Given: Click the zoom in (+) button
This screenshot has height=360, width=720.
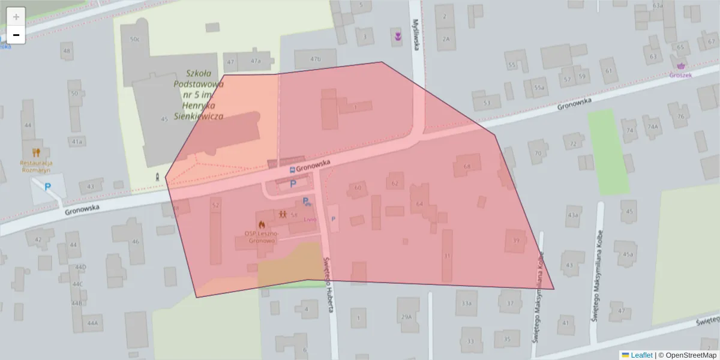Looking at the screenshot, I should (16, 17).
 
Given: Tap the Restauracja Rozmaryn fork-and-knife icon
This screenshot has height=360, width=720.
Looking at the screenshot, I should (36, 152).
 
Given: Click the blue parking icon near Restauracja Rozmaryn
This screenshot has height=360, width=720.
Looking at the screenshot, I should (47, 187).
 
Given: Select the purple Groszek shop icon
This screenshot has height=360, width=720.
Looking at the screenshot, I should (680, 66).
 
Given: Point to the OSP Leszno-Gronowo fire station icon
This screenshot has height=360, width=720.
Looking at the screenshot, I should (262, 224).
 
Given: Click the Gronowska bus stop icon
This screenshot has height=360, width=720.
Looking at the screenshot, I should (292, 170).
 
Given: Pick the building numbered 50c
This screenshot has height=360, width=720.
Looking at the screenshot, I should (134, 40).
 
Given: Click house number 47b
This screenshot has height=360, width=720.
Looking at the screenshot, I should (316, 59).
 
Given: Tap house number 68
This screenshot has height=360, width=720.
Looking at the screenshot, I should (467, 166).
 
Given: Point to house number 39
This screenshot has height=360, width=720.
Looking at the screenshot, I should (516, 241).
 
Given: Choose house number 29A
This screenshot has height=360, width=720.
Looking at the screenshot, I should (407, 316).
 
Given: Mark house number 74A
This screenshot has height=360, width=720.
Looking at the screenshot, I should (652, 127).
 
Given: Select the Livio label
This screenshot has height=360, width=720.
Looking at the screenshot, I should (310, 220).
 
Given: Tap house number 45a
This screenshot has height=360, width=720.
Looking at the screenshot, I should (628, 254).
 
